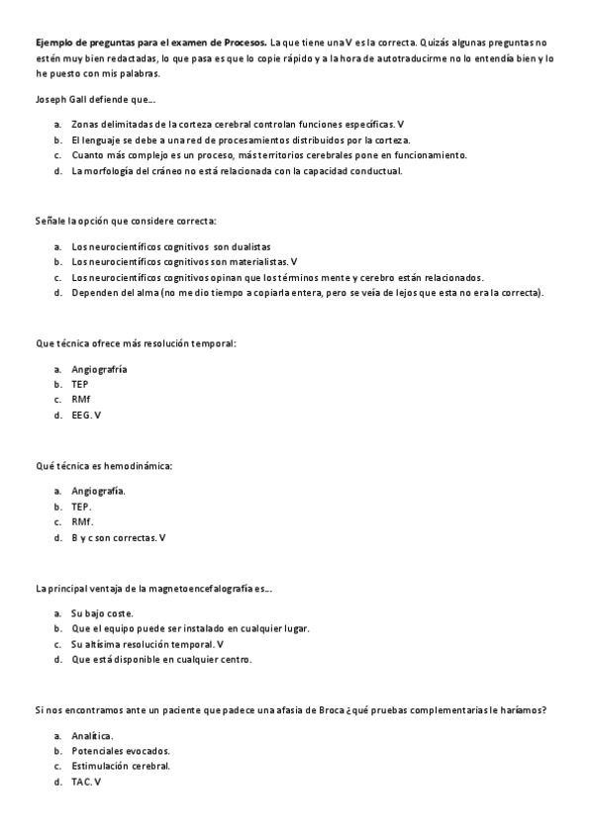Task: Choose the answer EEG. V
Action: pos(86,415)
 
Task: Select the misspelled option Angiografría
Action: pos(100,369)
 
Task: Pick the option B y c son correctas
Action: pos(118,537)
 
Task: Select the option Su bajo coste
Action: pos(102,612)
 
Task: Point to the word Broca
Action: pos(325,709)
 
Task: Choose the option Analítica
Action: pos(92,735)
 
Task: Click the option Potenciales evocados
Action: pos(113,750)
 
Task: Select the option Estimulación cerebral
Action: pos(121,766)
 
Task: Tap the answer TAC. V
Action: pos(86,782)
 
